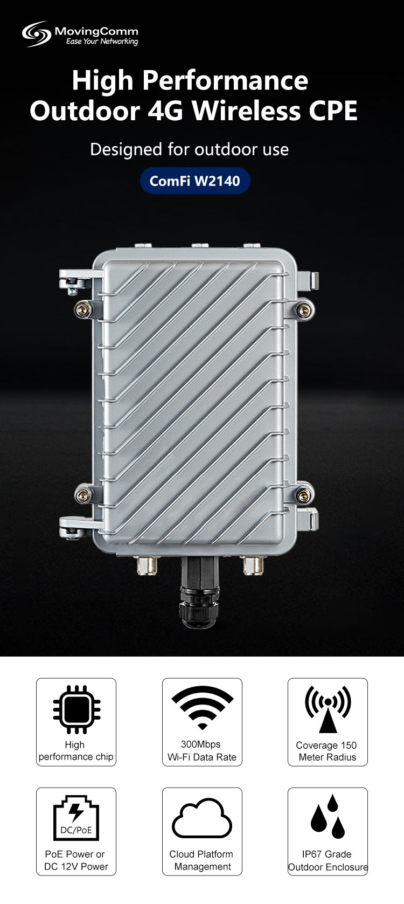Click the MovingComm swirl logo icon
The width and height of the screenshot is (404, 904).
[36, 33]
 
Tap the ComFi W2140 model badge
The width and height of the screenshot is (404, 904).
[195, 181]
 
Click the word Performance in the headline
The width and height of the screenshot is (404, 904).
[225, 80]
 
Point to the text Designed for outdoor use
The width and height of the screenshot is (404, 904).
[189, 149]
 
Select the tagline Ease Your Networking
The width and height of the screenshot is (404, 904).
[102, 42]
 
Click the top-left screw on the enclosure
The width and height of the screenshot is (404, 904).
[81, 309]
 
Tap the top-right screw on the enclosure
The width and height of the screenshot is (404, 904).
[305, 309]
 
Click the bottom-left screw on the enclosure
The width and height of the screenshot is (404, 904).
[81, 492]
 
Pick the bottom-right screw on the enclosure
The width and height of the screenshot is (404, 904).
[305, 492]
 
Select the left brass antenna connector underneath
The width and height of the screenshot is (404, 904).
[147, 565]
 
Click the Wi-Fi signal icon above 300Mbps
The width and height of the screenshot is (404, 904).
[202, 706]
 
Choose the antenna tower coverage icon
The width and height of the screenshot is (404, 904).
[328, 708]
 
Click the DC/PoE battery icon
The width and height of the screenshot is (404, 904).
[76, 817]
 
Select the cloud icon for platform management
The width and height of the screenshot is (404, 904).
[201, 818]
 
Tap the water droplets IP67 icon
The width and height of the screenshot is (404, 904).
[328, 816]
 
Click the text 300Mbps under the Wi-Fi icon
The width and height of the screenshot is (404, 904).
[200, 744]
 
